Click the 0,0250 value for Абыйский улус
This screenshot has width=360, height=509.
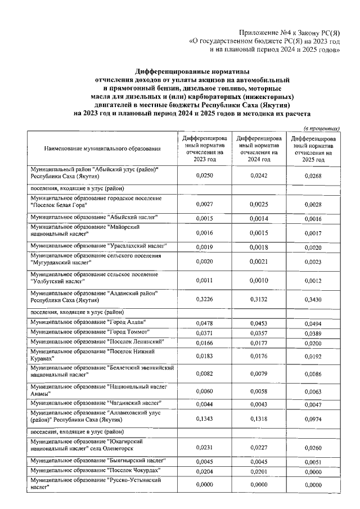click(204, 176)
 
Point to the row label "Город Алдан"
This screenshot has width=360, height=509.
click(89, 322)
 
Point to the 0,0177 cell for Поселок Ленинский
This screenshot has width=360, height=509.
click(259, 343)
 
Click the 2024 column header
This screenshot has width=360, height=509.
click(259, 148)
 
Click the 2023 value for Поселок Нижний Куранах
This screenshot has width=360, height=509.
click(204, 355)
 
